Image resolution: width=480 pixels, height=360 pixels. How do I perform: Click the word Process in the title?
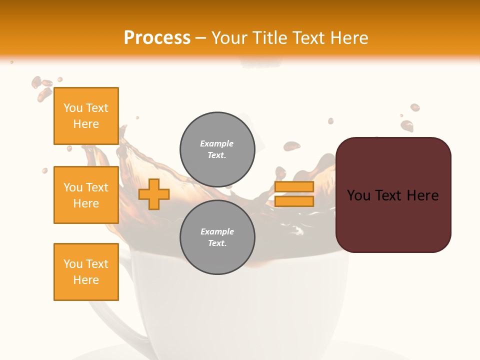[157, 38]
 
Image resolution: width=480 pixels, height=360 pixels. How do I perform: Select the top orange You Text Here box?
[86, 116]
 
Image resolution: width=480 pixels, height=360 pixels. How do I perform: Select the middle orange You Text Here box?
[86, 195]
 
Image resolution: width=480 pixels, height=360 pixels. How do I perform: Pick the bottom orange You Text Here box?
[86, 272]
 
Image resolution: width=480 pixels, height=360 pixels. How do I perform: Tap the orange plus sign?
[153, 194]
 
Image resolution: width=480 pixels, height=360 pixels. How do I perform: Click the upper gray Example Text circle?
[217, 149]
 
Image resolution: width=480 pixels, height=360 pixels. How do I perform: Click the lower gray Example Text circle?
[217, 237]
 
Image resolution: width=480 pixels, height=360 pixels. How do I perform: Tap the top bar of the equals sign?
[294, 187]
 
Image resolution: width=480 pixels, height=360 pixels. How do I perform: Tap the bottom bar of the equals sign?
[294, 201]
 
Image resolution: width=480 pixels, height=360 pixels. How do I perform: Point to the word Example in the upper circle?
[217, 143]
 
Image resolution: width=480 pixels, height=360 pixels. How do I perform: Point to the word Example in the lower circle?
[217, 231]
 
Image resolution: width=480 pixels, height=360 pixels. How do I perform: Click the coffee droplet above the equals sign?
[291, 146]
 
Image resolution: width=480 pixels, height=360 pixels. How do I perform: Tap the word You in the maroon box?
[358, 195]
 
